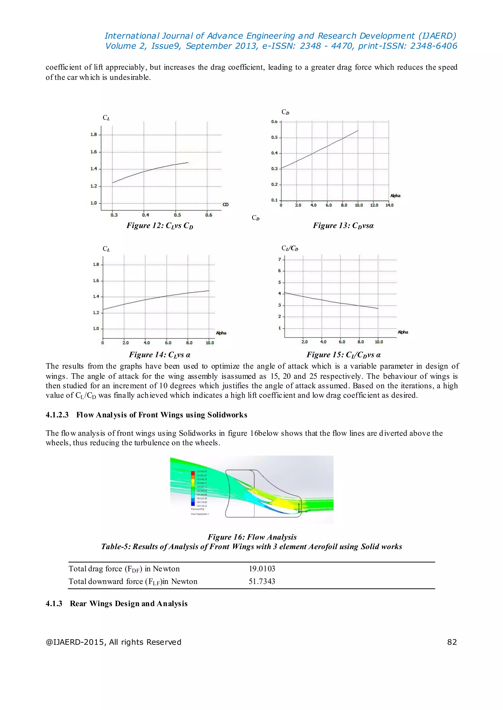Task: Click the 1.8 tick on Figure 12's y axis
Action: (x=94, y=135)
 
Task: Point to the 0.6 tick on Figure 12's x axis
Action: (x=209, y=215)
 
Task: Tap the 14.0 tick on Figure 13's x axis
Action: (x=389, y=205)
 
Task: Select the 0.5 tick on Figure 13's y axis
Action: (x=274, y=137)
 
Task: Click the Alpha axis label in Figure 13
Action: (x=395, y=196)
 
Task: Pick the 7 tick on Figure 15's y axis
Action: (x=279, y=259)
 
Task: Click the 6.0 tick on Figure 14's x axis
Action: (x=168, y=343)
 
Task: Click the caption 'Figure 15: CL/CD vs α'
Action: (x=344, y=355)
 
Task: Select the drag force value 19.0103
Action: (x=262, y=569)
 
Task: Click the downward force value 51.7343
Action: (x=262, y=581)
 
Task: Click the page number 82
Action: (x=452, y=642)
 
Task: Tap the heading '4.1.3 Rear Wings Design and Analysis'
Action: (x=116, y=604)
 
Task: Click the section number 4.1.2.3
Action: (x=57, y=415)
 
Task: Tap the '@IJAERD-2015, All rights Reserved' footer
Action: (x=113, y=642)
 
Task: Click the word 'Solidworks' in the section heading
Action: (x=227, y=415)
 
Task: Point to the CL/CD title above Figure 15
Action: (x=290, y=248)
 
